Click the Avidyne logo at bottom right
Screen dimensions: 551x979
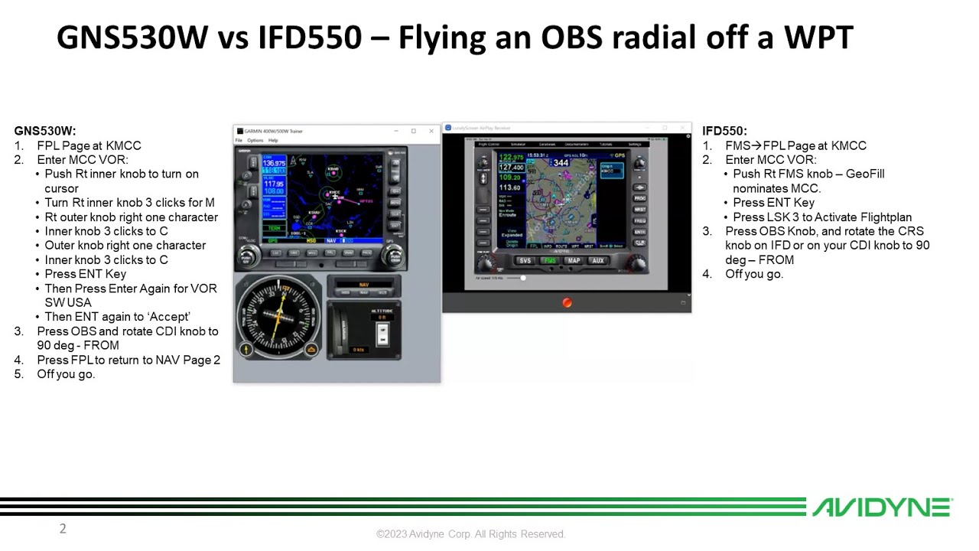click(x=881, y=507)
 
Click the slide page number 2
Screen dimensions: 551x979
click(x=63, y=528)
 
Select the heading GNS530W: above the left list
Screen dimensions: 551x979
click(x=45, y=131)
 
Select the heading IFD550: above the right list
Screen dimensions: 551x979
click(x=724, y=131)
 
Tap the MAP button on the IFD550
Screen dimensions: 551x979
click(x=574, y=261)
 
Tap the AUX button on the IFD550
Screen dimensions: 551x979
click(x=597, y=261)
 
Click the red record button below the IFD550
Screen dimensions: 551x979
click(x=567, y=302)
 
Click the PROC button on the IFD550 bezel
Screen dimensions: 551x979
click(x=639, y=198)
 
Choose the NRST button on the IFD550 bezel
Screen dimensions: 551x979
click(x=639, y=209)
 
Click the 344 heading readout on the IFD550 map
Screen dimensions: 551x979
click(x=561, y=162)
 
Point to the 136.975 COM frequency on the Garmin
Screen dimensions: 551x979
click(x=274, y=163)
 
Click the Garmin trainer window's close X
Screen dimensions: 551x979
click(x=431, y=131)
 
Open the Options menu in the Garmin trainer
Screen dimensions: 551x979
click(x=255, y=141)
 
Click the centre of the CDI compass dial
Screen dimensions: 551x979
click(x=277, y=315)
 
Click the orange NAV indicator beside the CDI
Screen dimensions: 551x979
click(x=364, y=285)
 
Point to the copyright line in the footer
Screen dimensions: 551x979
click(x=470, y=534)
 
